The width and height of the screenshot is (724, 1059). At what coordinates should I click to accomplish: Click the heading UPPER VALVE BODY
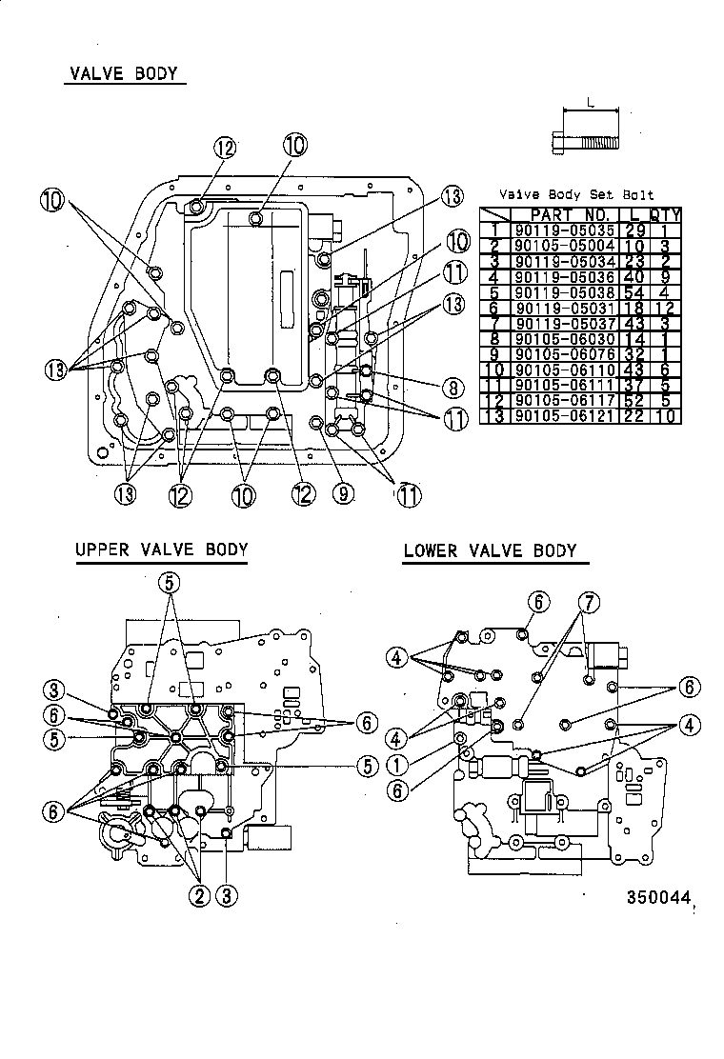point(161,549)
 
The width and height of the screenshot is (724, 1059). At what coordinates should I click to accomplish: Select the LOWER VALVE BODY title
point(490,550)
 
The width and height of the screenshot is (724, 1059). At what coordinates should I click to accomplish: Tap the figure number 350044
point(657,897)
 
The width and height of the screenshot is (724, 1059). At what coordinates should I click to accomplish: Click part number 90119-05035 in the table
point(565,230)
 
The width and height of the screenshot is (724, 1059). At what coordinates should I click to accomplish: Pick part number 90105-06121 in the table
point(565,416)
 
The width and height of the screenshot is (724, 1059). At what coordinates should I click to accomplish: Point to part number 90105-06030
point(565,339)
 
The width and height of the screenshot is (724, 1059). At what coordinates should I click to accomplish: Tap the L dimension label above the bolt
point(591,102)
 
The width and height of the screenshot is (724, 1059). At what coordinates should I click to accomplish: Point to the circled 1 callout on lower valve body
point(398,764)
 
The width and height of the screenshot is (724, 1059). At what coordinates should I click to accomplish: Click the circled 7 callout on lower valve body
point(591,602)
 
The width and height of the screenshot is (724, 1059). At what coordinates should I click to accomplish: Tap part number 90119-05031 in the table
point(565,308)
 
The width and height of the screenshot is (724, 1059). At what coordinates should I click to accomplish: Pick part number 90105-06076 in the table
point(565,354)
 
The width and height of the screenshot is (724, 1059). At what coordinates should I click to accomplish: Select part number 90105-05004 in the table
point(565,246)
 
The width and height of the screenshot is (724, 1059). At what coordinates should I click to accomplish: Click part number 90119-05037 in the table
point(565,324)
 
